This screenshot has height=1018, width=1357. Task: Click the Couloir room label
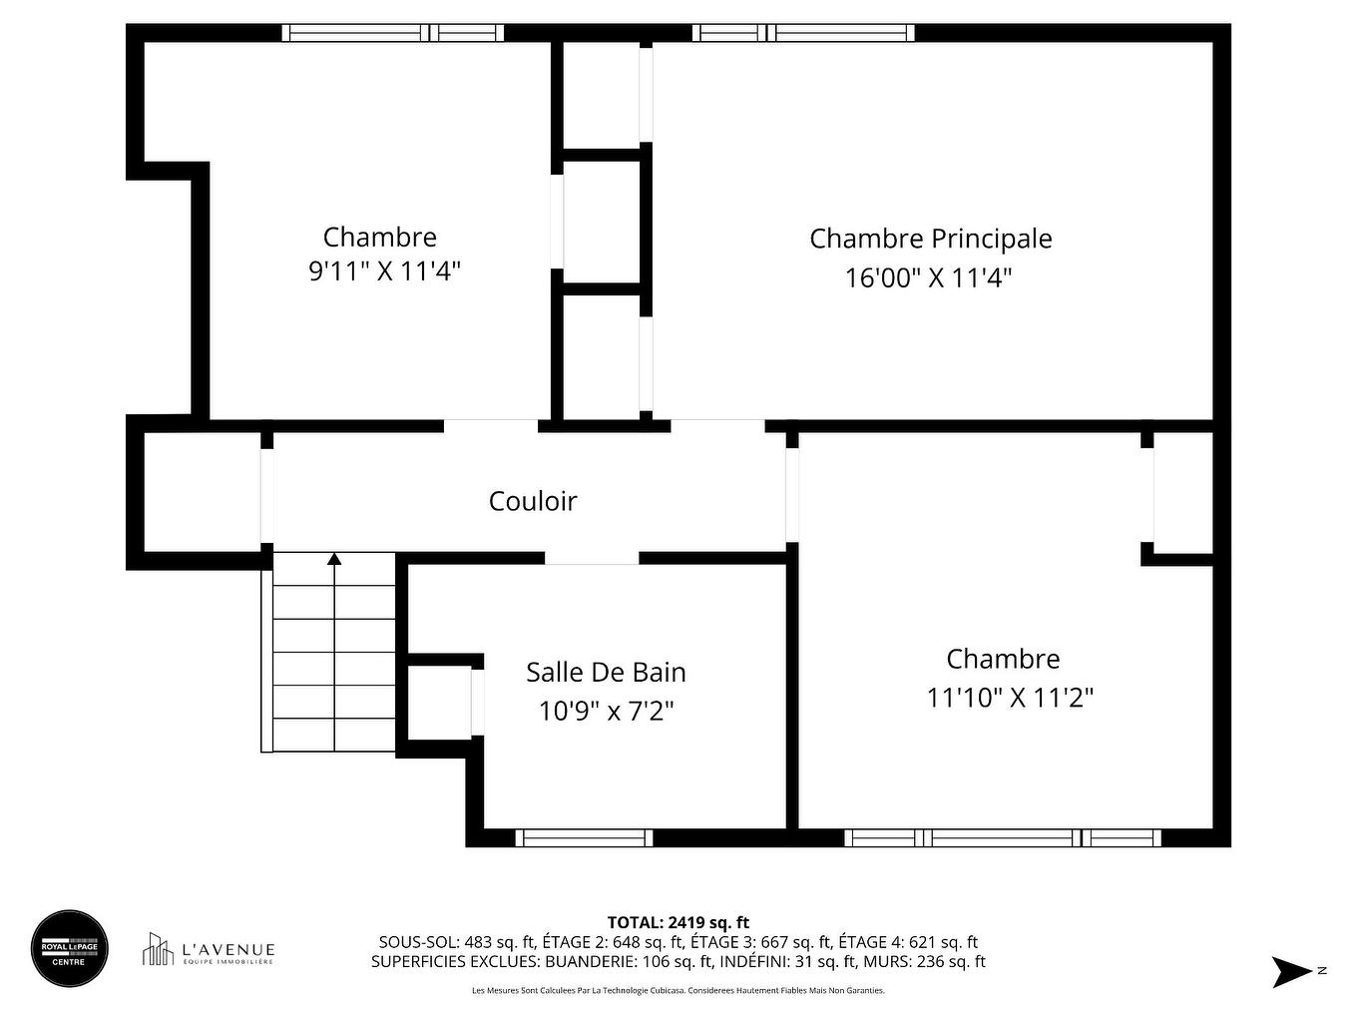pyautogui.click(x=533, y=501)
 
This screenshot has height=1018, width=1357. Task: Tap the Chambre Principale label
pyautogui.click(x=930, y=239)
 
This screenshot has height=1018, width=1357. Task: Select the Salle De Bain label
pyautogui.click(x=606, y=672)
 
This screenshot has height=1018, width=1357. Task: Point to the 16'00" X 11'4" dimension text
pyautogui.click(x=928, y=277)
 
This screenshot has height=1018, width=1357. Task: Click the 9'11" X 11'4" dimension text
pyautogui.click(x=384, y=270)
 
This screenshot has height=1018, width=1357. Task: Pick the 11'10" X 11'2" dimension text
pyautogui.click(x=1010, y=697)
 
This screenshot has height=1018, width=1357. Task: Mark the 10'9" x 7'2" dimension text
pyautogui.click(x=607, y=711)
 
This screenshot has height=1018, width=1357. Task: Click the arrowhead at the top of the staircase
pyautogui.click(x=334, y=559)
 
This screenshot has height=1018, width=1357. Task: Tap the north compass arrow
pyautogui.click(x=1290, y=971)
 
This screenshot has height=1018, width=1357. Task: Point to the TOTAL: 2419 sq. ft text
pyautogui.click(x=678, y=922)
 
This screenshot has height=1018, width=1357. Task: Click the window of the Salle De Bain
pyautogui.click(x=584, y=837)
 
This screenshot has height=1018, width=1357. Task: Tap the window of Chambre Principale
pyautogui.click(x=803, y=33)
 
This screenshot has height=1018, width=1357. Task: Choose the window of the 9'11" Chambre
pyautogui.click(x=392, y=33)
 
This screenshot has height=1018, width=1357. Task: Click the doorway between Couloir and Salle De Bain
pyautogui.click(x=592, y=558)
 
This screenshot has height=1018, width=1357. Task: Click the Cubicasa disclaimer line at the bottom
pyautogui.click(x=678, y=991)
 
